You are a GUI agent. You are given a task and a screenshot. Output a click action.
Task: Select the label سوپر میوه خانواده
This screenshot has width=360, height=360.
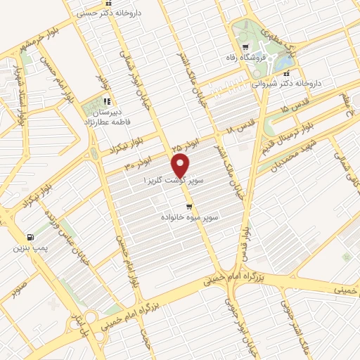[189, 218]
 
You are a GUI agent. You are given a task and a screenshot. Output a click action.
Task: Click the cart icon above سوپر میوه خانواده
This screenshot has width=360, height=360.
[188, 207]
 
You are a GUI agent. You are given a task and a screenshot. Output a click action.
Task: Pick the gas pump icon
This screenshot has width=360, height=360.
[29, 237]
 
